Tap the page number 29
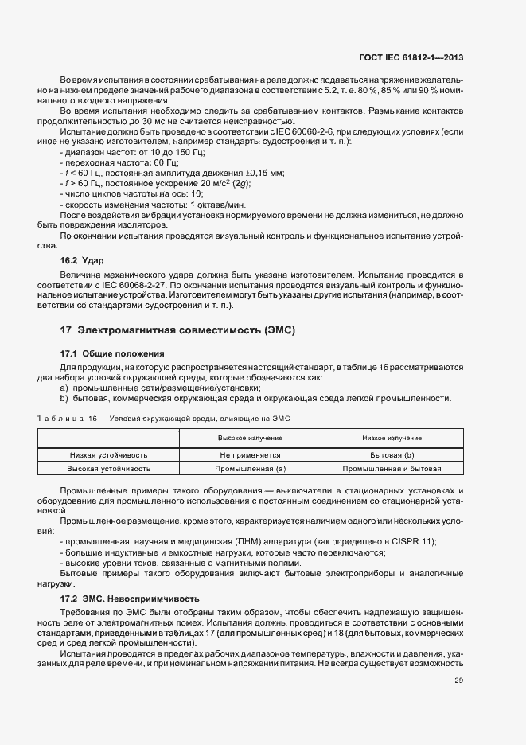pos(459,680)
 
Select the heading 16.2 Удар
pos(82,260)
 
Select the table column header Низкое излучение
pos(392,439)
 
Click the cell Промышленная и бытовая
pos(392,469)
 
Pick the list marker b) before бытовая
pos(64,398)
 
